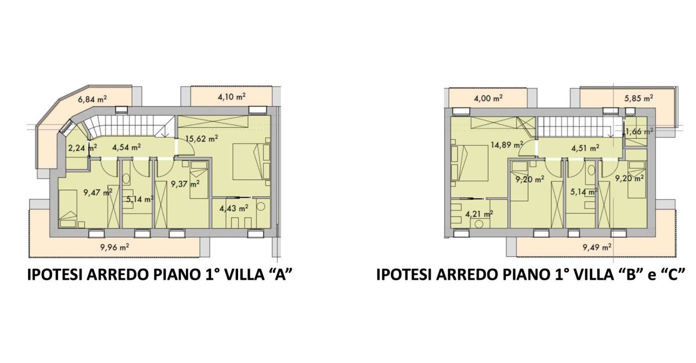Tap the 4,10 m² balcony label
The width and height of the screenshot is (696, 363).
coord(231,97)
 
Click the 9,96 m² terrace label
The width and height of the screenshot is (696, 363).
coord(115,247)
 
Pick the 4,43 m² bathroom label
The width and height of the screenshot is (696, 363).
coord(233,207)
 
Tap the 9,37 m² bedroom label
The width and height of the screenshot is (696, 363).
coord(185,183)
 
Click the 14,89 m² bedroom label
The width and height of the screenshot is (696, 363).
coord(505,145)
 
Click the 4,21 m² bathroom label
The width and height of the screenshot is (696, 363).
coord(478,213)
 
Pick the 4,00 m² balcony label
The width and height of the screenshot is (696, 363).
coord(487,99)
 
